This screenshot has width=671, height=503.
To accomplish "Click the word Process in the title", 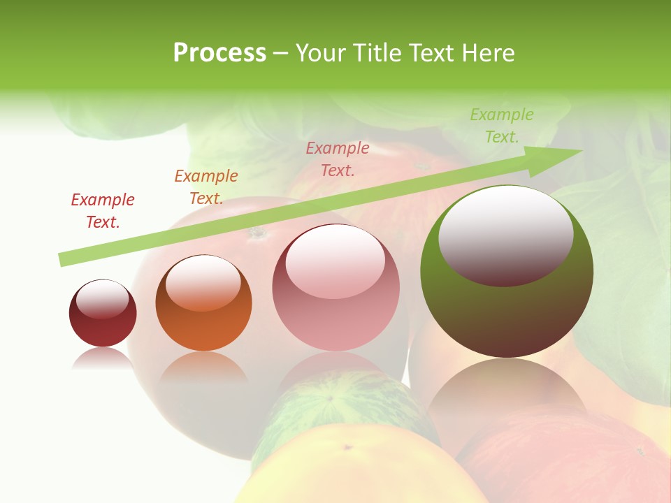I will coord(219,53).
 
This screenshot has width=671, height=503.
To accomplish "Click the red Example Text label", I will coord(103,210).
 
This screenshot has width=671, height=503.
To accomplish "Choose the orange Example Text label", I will coord(206,187).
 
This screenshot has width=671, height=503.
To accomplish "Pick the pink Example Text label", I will coord(338,159).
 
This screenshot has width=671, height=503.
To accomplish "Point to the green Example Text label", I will coord(502,126).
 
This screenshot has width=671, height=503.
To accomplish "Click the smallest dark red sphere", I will coord(103,328).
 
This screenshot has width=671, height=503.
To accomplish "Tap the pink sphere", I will coord(335,321).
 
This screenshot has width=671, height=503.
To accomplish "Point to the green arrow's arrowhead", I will coord(559,158).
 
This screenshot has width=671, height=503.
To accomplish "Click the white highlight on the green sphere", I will coord(505,234).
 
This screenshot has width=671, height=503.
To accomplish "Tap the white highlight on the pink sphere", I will coord(335,261).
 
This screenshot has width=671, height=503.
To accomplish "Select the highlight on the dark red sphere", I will coord(102,299).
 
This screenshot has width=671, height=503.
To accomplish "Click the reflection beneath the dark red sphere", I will coord(102,360).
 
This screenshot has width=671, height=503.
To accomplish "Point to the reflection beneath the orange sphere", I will coord(203,367).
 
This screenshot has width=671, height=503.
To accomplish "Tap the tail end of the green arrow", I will coord(64,259).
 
